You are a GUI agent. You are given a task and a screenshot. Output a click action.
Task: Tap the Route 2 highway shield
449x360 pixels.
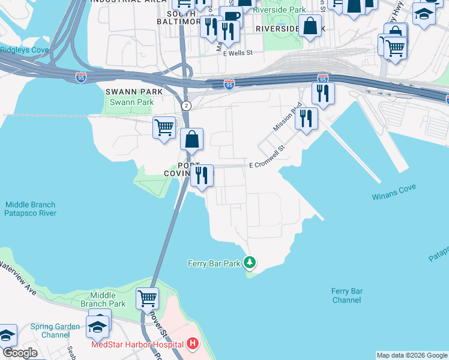coord(187,106)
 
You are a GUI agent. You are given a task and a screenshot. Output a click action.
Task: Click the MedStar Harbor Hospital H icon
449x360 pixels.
coord(193,344)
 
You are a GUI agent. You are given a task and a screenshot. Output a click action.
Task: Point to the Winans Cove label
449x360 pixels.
coord(393,196)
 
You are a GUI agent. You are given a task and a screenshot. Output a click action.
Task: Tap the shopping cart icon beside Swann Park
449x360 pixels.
coord(164,127)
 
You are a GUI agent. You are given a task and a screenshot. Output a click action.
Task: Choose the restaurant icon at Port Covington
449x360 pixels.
coord(201,175)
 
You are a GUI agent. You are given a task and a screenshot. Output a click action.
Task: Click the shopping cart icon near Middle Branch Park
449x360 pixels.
coord(147,297)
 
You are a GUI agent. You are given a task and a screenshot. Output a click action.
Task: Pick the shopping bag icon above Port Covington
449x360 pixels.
coord(191,139)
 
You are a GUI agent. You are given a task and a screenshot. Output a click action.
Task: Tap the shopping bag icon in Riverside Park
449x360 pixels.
coord(310,26)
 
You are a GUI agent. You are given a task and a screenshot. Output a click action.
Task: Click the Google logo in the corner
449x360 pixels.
coord(20,353)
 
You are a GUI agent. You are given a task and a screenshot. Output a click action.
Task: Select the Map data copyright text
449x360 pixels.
coord(412,355)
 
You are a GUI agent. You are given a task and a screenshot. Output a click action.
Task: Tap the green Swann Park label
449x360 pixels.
coord(129,103)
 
